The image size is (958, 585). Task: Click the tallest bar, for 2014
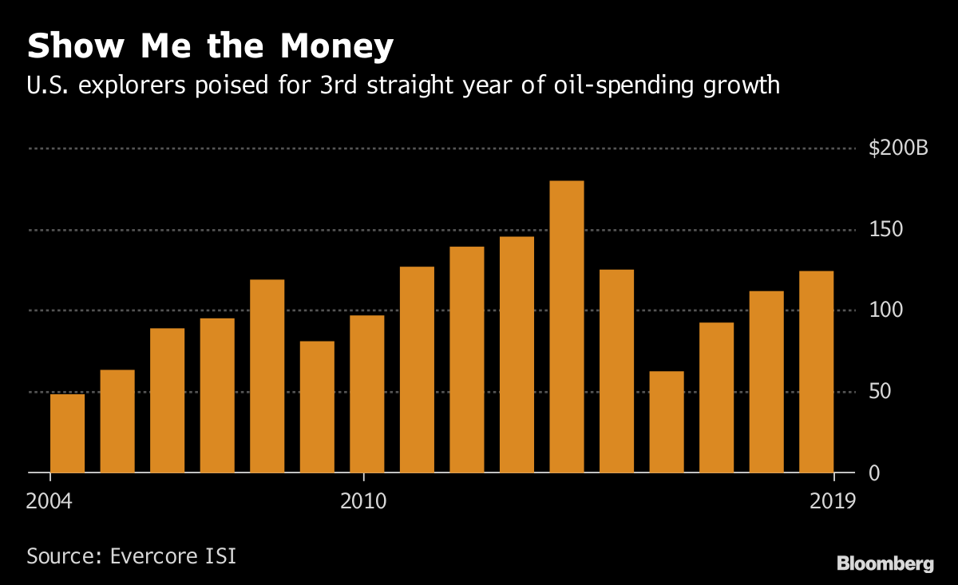(x=567, y=326)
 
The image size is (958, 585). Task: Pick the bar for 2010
(x=366, y=394)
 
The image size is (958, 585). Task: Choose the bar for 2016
(x=667, y=422)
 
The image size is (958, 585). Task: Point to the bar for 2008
(x=267, y=376)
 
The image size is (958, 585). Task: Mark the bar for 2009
(x=317, y=407)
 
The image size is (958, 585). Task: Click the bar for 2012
(x=467, y=360)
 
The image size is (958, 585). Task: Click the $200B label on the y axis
(x=898, y=148)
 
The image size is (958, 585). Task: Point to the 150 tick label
(x=885, y=230)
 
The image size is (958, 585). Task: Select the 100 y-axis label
(x=885, y=310)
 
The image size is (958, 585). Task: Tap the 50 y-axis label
(x=881, y=392)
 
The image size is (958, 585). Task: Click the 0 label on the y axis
(x=876, y=473)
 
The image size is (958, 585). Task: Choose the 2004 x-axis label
(x=49, y=502)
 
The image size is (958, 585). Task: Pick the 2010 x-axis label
(x=363, y=502)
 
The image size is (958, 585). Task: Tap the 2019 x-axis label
(x=833, y=502)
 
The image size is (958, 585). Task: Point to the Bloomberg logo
(x=885, y=563)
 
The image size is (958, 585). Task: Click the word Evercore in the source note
(x=153, y=555)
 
